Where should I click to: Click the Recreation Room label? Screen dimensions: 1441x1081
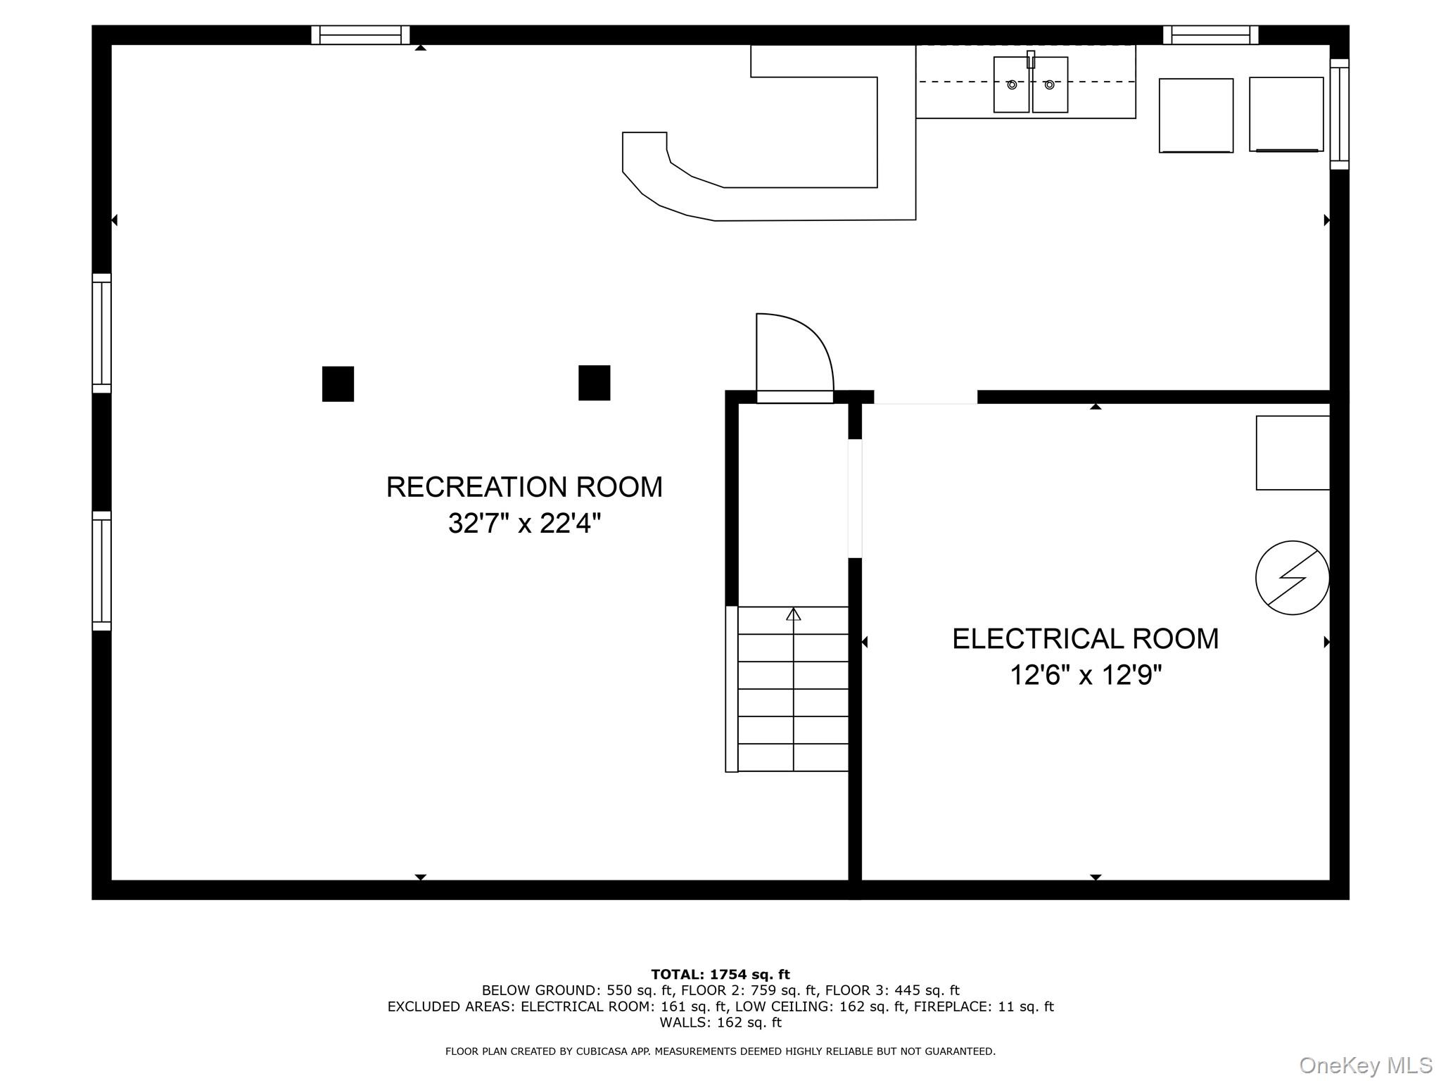pyautogui.click(x=524, y=487)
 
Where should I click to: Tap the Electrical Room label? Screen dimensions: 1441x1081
pyautogui.click(x=1085, y=639)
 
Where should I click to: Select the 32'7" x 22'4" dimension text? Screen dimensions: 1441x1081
pyautogui.click(x=524, y=524)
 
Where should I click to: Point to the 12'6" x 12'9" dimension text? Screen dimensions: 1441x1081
pyautogui.click(x=1085, y=676)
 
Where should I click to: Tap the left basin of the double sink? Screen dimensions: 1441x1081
pyautogui.click(x=1012, y=84)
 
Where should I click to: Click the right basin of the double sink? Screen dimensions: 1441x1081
pyautogui.click(x=1050, y=84)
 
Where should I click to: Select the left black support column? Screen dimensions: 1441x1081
pyautogui.click(x=338, y=384)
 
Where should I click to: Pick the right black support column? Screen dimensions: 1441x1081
pyautogui.click(x=594, y=383)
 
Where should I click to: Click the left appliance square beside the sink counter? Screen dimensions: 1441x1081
pyautogui.click(x=1196, y=115)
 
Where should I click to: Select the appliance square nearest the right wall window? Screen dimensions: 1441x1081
pyautogui.click(x=1286, y=114)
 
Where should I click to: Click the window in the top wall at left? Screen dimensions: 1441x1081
pyautogui.click(x=360, y=35)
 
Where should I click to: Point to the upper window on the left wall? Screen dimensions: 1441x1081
pyautogui.click(x=102, y=333)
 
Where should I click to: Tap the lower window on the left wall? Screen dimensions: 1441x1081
pyautogui.click(x=102, y=571)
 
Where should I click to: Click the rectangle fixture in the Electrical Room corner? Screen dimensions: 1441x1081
pyautogui.click(x=1293, y=453)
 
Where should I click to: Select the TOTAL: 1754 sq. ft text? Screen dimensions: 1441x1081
pyautogui.click(x=720, y=975)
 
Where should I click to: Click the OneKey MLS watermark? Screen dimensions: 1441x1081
pyautogui.click(x=1366, y=1066)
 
